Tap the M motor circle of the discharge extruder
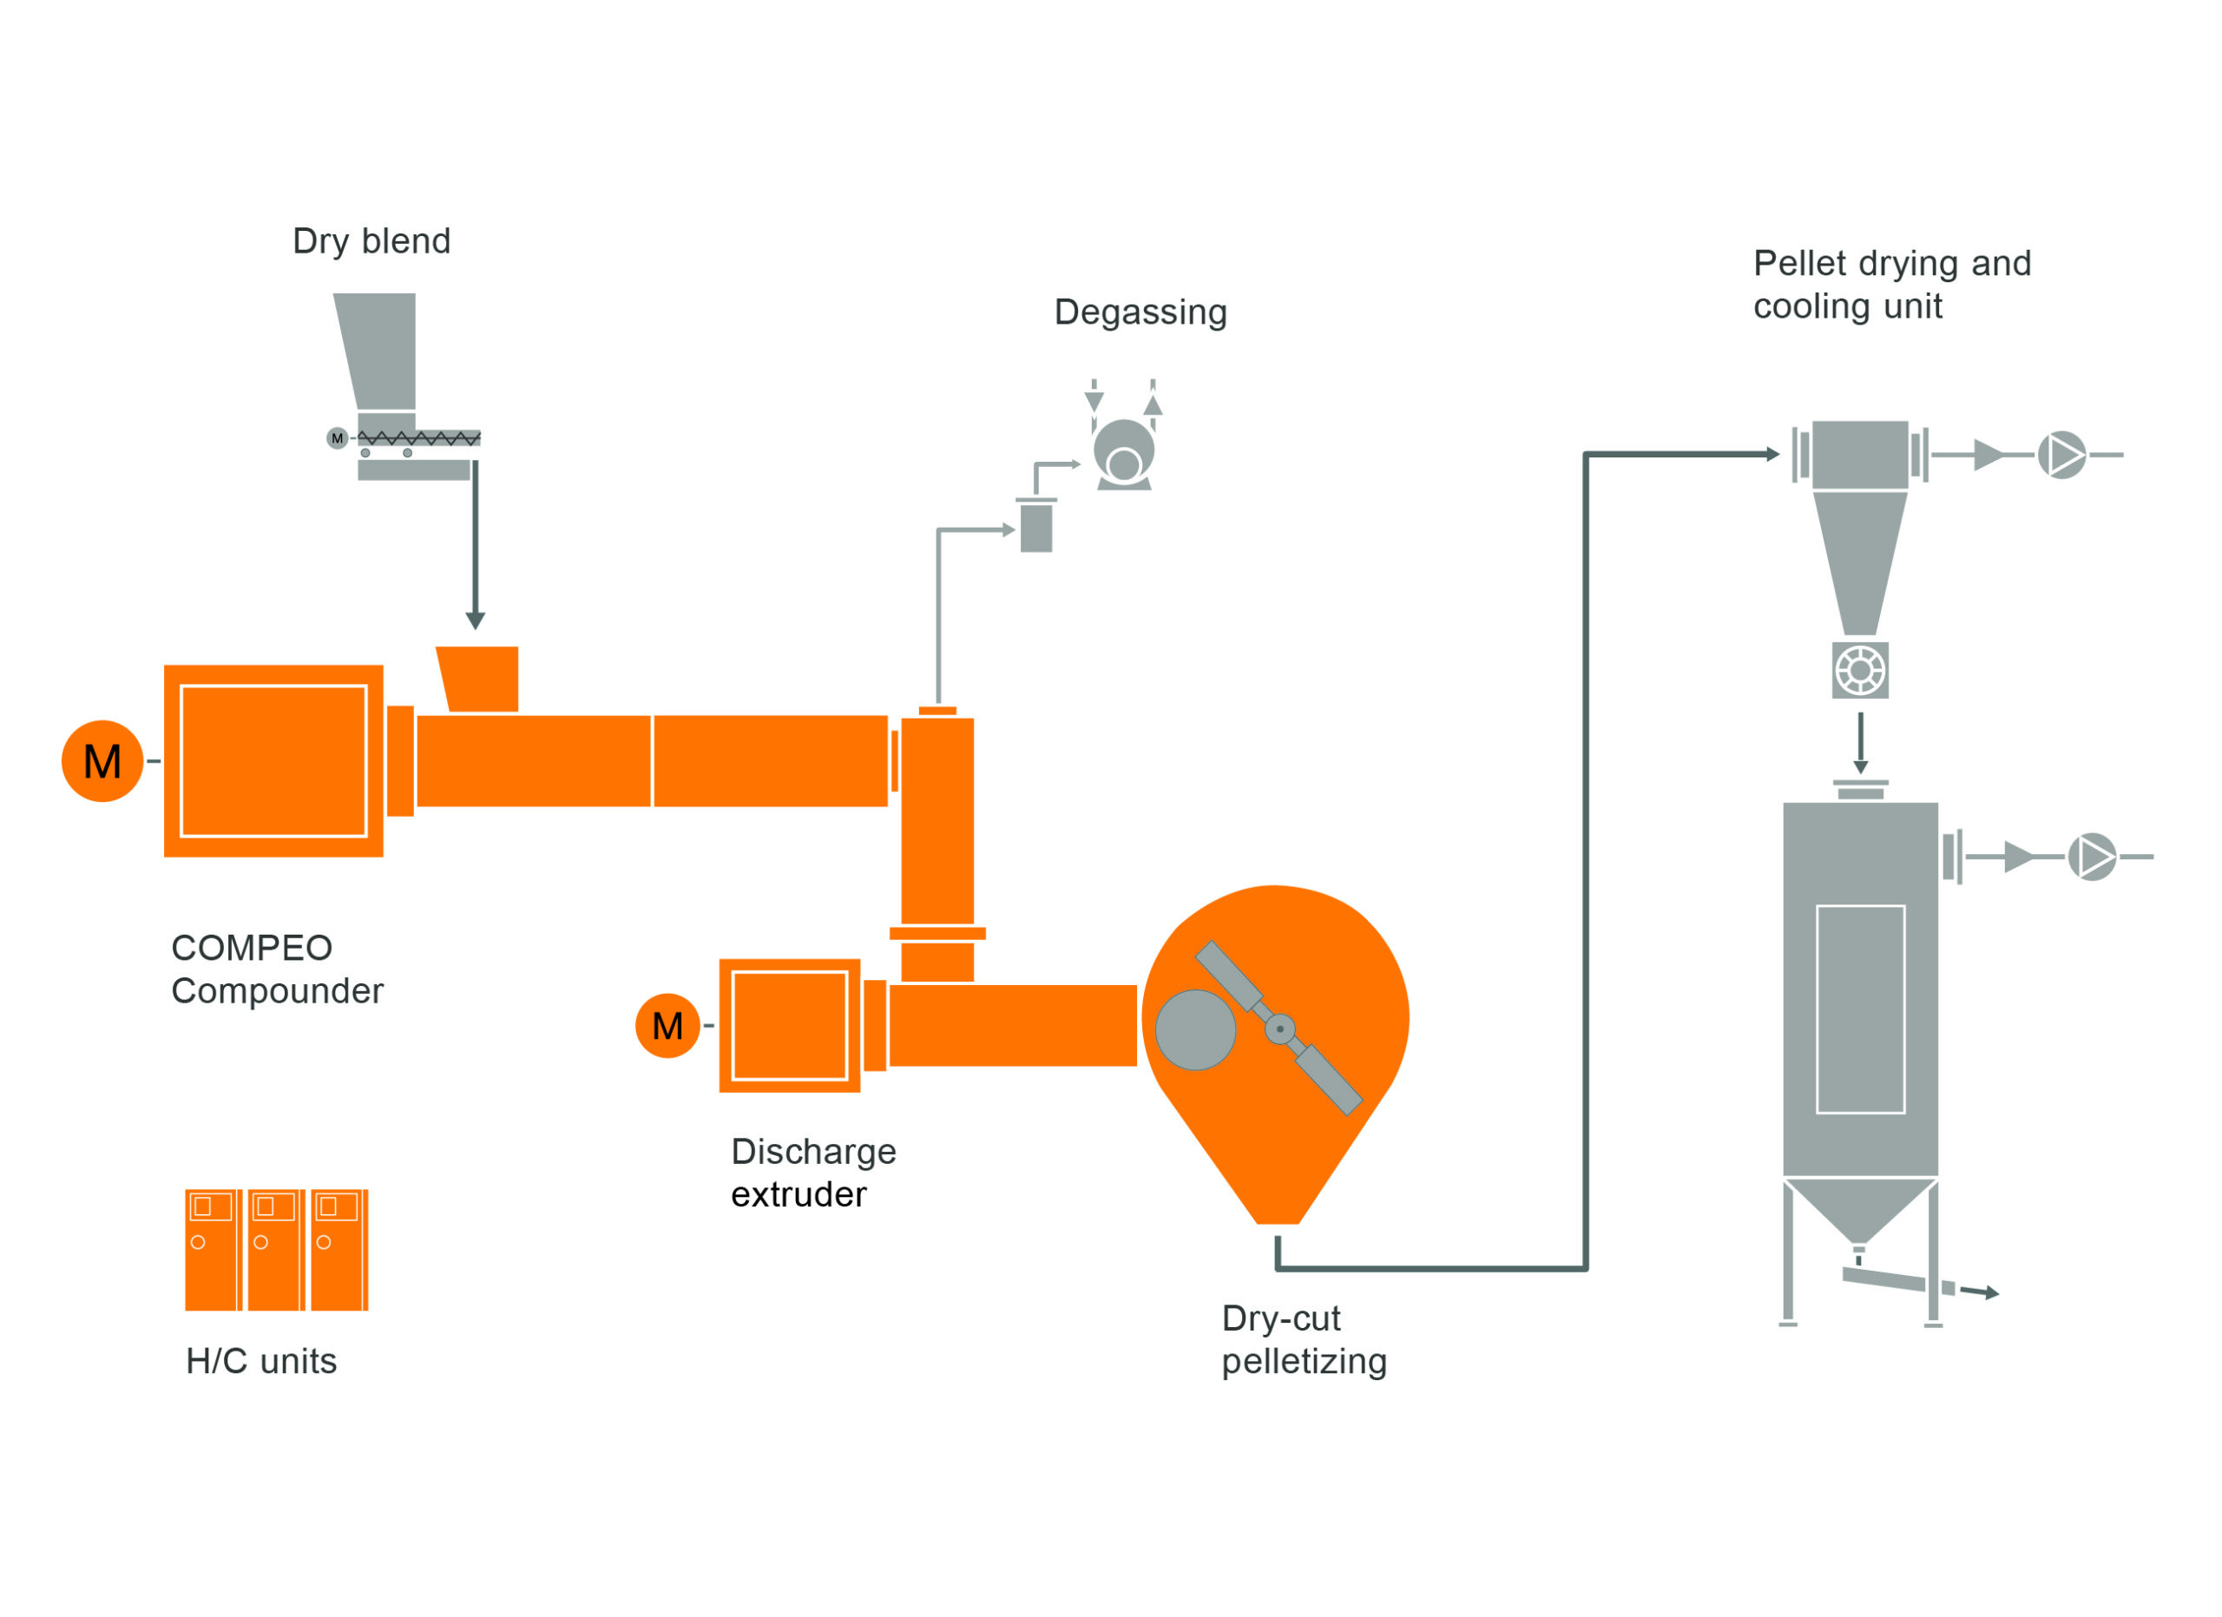click(x=667, y=1025)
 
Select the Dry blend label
click(x=371, y=241)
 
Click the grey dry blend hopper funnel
click(x=379, y=350)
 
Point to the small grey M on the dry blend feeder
click(x=337, y=437)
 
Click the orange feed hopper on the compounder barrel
click(x=480, y=678)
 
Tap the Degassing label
click(x=1141, y=312)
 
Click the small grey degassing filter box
click(x=1036, y=528)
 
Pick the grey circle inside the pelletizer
click(x=1195, y=1029)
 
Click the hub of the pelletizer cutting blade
click(x=1280, y=1029)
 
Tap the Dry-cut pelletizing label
click(x=1303, y=1340)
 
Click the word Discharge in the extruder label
click(x=813, y=1151)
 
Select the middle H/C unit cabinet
click(x=275, y=1250)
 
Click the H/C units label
click(x=261, y=1360)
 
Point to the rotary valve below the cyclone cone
click(x=1859, y=671)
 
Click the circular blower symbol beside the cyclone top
click(x=2062, y=456)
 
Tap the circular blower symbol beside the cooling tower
click(x=2092, y=857)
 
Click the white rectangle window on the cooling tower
click(x=1860, y=1009)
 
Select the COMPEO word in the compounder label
click(x=252, y=947)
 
